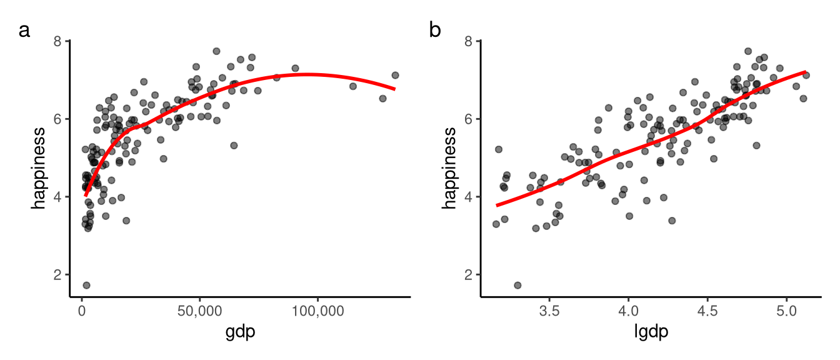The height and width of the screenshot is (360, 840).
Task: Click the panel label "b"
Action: point(435,30)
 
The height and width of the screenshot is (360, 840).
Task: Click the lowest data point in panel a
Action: point(86,285)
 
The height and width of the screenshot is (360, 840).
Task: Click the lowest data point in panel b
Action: point(517,285)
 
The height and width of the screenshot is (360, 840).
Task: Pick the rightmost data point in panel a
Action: point(395,75)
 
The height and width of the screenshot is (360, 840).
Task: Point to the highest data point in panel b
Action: point(748,51)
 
